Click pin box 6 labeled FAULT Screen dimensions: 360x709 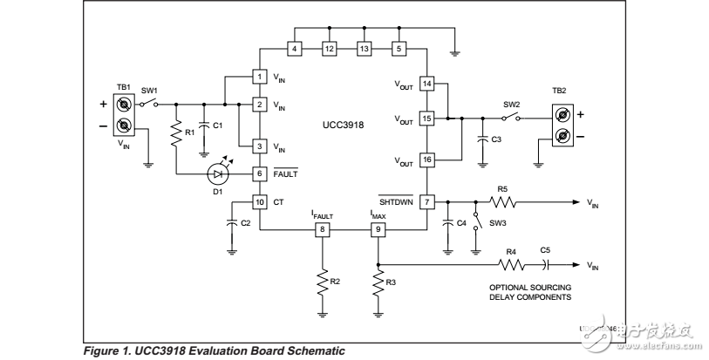pos(260,173)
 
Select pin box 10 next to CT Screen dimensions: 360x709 pos(260,201)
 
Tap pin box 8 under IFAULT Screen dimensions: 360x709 pos(322,230)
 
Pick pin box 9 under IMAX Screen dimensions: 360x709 pos(378,230)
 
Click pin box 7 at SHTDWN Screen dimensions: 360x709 pos(426,201)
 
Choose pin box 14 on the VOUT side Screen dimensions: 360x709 pos(426,84)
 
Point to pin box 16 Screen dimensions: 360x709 pos(426,160)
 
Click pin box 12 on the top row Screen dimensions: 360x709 pos(330,49)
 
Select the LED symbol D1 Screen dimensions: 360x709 pos(216,173)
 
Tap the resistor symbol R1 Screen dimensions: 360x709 pos(175,133)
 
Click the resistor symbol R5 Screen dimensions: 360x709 pos(502,201)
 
